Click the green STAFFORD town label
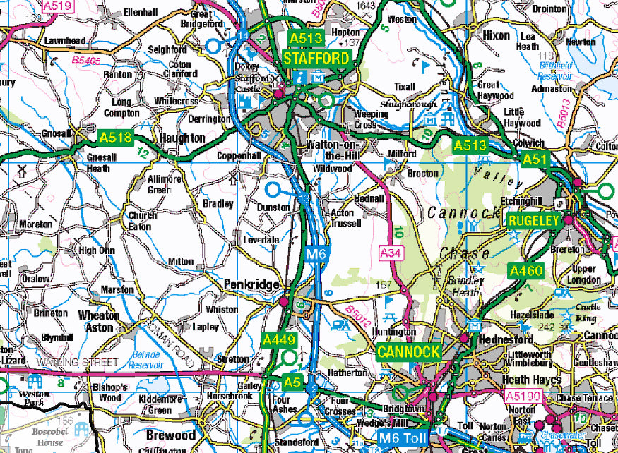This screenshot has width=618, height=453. pos(317,59)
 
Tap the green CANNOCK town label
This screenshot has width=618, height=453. pos(409,351)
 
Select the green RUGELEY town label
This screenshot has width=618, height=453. pos(533,220)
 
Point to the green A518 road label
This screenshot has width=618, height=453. pos(115,137)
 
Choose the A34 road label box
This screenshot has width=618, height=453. pos(391,251)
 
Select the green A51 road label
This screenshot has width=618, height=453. pos(535,160)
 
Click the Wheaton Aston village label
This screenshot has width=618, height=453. pos(99,321)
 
